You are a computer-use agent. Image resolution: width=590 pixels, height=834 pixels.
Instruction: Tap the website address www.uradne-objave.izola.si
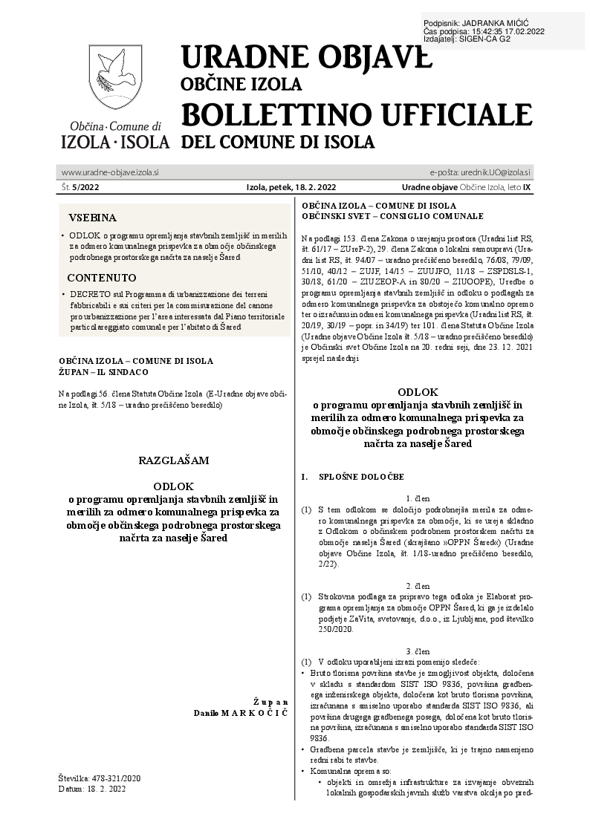(110, 172)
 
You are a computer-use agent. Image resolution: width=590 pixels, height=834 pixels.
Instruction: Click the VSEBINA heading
(92, 218)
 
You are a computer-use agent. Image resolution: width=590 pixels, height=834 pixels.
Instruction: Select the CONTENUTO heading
(102, 278)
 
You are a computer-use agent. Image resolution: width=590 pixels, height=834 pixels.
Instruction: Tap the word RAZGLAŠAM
(174, 460)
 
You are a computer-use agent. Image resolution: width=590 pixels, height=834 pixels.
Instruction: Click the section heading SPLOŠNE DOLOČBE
(361, 475)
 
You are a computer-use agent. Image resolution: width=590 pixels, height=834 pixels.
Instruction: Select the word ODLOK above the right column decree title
(418, 391)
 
